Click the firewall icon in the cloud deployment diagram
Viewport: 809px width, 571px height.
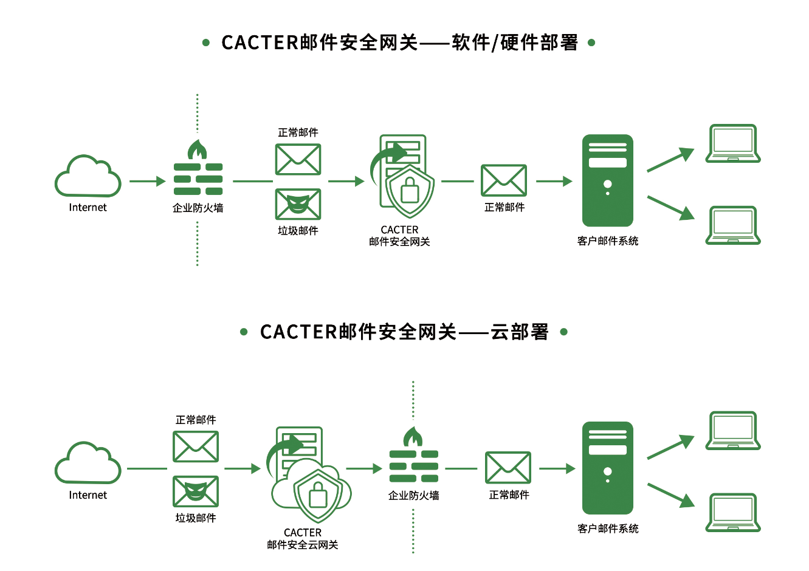(413, 456)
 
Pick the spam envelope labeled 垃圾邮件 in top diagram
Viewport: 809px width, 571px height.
(298, 204)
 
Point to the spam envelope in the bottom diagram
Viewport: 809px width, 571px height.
(196, 491)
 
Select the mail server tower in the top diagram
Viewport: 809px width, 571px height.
(607, 180)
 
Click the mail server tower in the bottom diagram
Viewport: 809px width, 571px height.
(607, 468)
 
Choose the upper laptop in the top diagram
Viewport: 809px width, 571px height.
(733, 144)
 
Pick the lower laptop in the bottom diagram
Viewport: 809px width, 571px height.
(733, 513)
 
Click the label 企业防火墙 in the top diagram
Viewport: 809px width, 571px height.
(198, 208)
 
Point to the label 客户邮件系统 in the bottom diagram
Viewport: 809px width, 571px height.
(608, 528)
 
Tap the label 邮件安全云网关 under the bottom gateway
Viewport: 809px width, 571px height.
(303, 545)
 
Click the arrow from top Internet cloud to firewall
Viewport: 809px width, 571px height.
(148, 181)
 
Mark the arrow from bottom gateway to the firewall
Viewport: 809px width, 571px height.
(364, 468)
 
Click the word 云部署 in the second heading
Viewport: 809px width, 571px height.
(520, 332)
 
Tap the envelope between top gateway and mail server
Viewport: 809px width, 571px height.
(504, 180)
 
